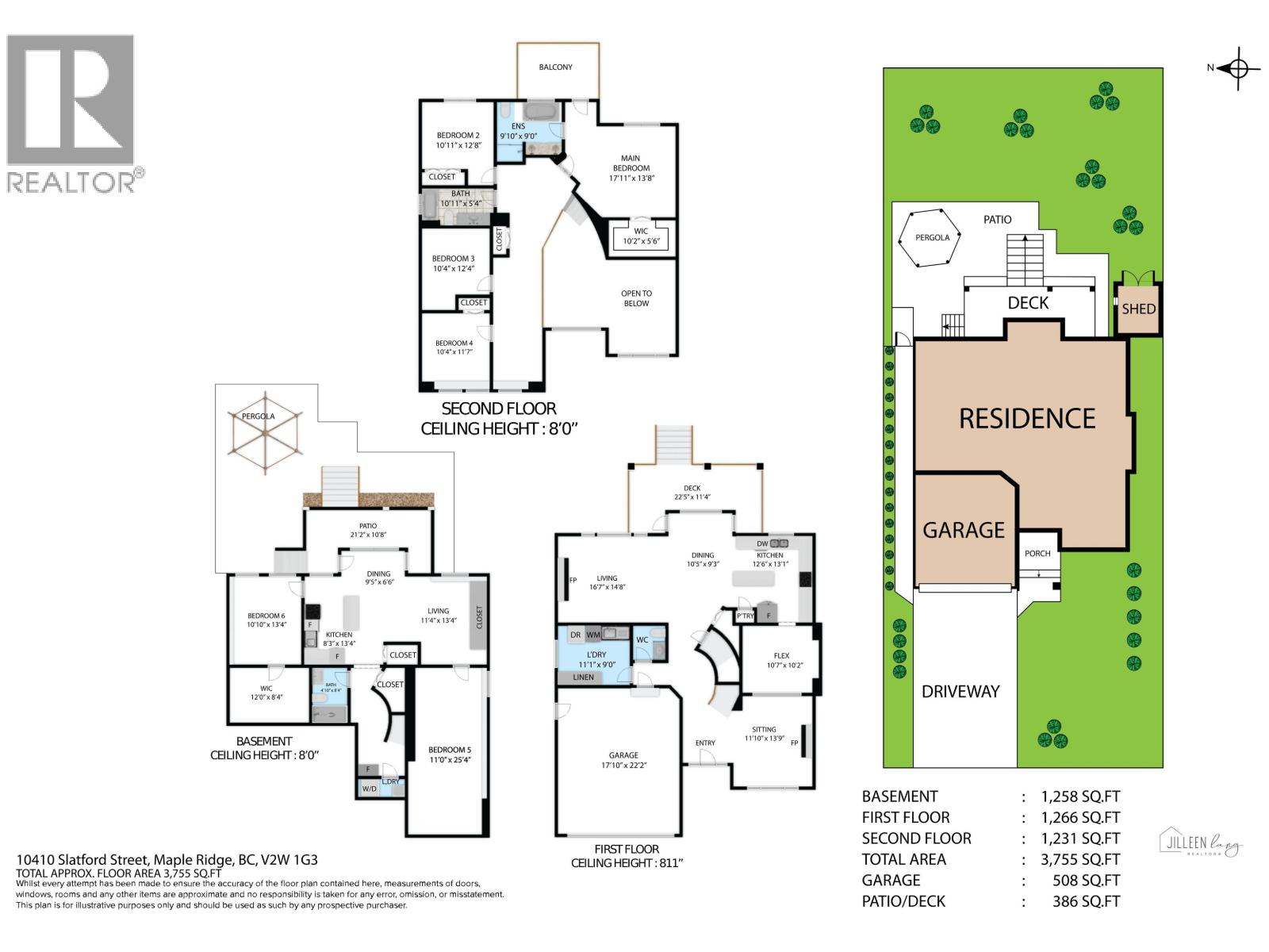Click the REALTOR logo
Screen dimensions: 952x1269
(x=71, y=112)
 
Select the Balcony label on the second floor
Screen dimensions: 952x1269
(x=555, y=67)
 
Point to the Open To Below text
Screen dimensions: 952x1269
(x=636, y=298)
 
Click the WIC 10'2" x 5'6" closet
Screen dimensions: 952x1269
(x=641, y=236)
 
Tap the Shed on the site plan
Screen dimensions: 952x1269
(x=1138, y=309)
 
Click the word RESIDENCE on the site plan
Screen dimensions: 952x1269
(x=1027, y=419)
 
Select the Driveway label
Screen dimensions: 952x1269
(x=960, y=692)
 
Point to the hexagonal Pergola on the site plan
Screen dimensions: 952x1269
(x=931, y=237)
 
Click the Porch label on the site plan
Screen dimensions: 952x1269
(x=1037, y=554)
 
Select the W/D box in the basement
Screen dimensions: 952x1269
(x=369, y=789)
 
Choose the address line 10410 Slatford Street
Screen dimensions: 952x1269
(x=167, y=860)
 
